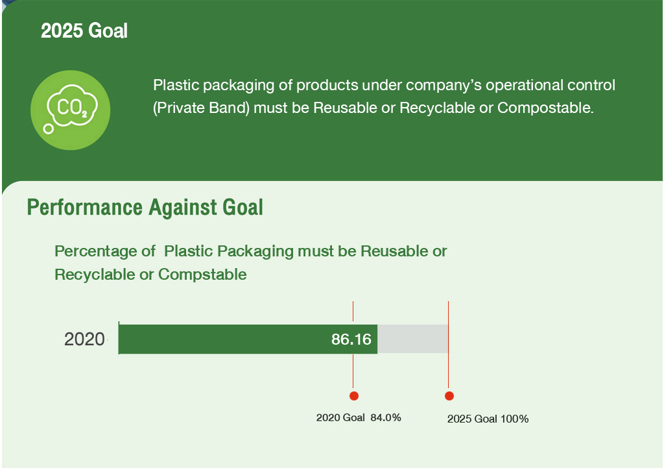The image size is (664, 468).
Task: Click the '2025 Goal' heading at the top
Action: [x=84, y=31]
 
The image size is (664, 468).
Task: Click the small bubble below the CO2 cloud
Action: [x=49, y=129]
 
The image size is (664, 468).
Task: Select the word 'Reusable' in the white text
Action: [x=345, y=108]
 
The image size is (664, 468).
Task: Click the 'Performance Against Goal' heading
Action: [x=145, y=207]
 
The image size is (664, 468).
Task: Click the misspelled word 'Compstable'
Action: [x=202, y=275]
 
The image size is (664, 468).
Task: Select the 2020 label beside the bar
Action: [x=85, y=339]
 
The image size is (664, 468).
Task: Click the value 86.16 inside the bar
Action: [x=351, y=339]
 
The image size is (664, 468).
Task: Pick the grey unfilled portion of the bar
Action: [x=413, y=339]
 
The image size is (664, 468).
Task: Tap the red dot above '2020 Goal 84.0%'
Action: [x=354, y=395]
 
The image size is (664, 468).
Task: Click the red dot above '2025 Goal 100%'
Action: [x=449, y=395]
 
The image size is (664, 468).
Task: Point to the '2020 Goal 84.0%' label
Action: [x=359, y=417]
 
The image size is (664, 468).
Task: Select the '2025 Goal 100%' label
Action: [x=488, y=419]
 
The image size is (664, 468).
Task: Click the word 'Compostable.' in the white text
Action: [x=545, y=108]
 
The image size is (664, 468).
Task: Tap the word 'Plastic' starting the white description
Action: [x=176, y=85]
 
